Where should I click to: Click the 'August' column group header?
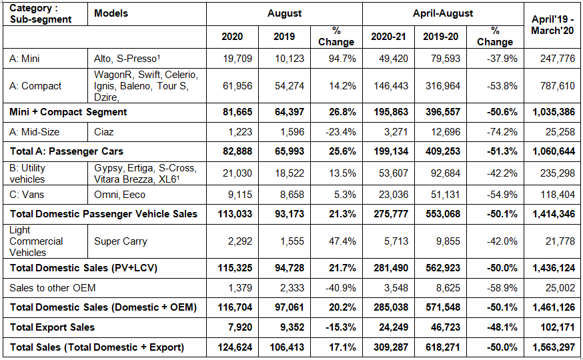pos(284,13)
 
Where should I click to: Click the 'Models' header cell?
pos(111,13)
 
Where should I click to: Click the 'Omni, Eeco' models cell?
pos(119,195)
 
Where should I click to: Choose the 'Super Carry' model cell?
pos(120,241)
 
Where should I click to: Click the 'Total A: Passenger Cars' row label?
pos(66,151)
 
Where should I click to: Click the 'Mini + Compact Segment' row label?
pos(68,111)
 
